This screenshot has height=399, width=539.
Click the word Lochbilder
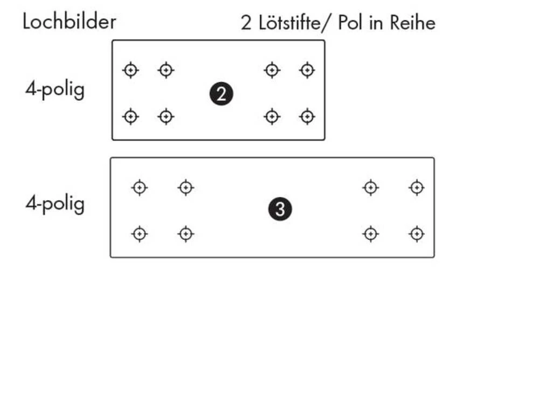pos(69,22)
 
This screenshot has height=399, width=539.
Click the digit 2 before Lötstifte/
pos(246,24)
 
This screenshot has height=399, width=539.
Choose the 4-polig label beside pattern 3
pos(55,204)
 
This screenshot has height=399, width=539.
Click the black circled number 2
pos(221,94)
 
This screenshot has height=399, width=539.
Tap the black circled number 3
pos(280,209)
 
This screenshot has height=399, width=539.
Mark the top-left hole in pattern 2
pos(130,70)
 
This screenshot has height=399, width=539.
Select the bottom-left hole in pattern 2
pos(130,116)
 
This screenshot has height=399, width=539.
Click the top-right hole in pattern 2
pos(307,70)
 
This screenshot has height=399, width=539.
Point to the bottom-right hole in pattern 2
pos(307,116)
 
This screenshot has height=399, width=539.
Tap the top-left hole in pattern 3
pos(140,188)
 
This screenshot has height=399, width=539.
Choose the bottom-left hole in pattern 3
pos(140,234)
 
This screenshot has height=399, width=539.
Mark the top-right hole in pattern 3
pos(416,188)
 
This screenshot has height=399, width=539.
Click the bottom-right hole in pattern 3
pos(416,234)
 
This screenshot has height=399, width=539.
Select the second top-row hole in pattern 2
pos(166,70)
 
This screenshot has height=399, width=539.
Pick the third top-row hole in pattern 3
pos(370,188)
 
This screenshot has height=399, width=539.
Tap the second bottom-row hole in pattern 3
pos(186,234)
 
